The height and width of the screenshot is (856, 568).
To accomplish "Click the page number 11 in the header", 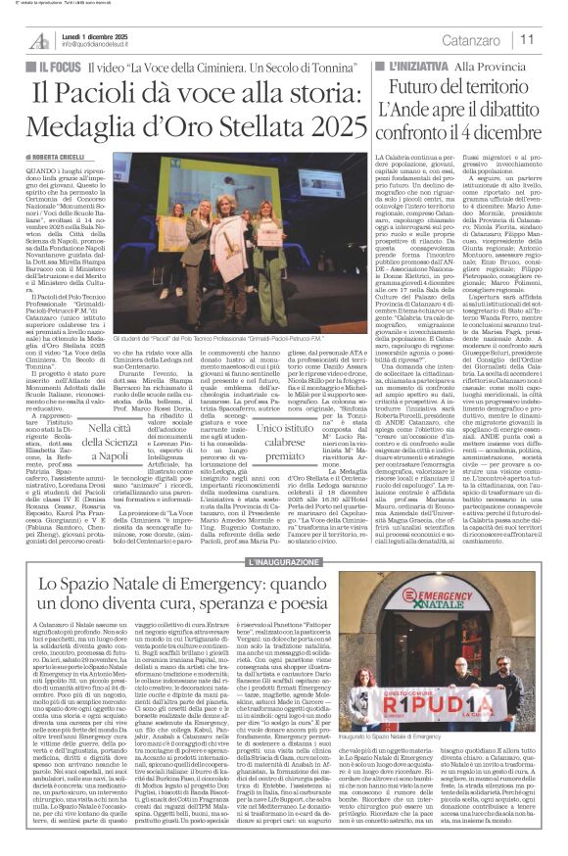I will point(553,39).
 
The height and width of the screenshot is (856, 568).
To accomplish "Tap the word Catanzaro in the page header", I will point(486,39).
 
